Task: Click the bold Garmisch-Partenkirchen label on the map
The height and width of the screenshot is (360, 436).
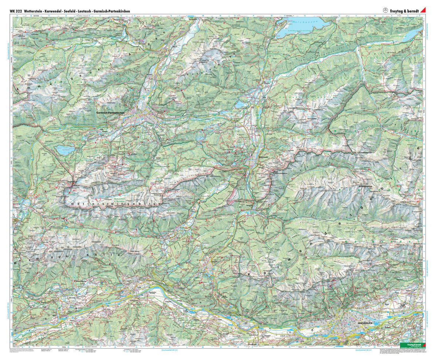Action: (x=113, y=113)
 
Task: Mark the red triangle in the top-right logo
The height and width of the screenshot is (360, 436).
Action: (x=423, y=11)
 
